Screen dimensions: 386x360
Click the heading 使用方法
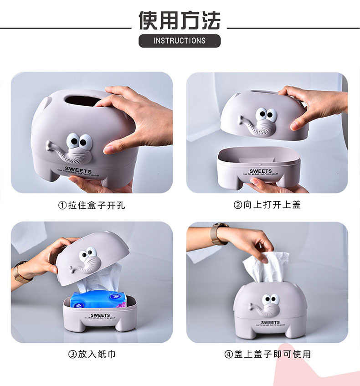pyautogui.click(x=180, y=20)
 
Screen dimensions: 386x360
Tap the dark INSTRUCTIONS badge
pyautogui.click(x=180, y=41)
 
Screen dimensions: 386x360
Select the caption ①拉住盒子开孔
pyautogui.click(x=92, y=206)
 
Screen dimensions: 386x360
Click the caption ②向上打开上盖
pyautogui.click(x=267, y=205)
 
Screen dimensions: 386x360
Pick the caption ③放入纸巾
pyautogui.click(x=92, y=354)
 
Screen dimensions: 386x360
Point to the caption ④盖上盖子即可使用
pyautogui.click(x=267, y=354)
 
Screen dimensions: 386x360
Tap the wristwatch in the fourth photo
pyautogui.click(x=219, y=233)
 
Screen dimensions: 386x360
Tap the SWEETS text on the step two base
pyautogui.click(x=261, y=171)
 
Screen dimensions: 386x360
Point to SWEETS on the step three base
pyautogui.click(x=100, y=315)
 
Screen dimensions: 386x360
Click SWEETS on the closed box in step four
pyautogui.click(x=270, y=323)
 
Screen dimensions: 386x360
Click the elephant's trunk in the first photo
pyautogui.click(x=68, y=154)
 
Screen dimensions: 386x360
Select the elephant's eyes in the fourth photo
pyautogui.click(x=271, y=299)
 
